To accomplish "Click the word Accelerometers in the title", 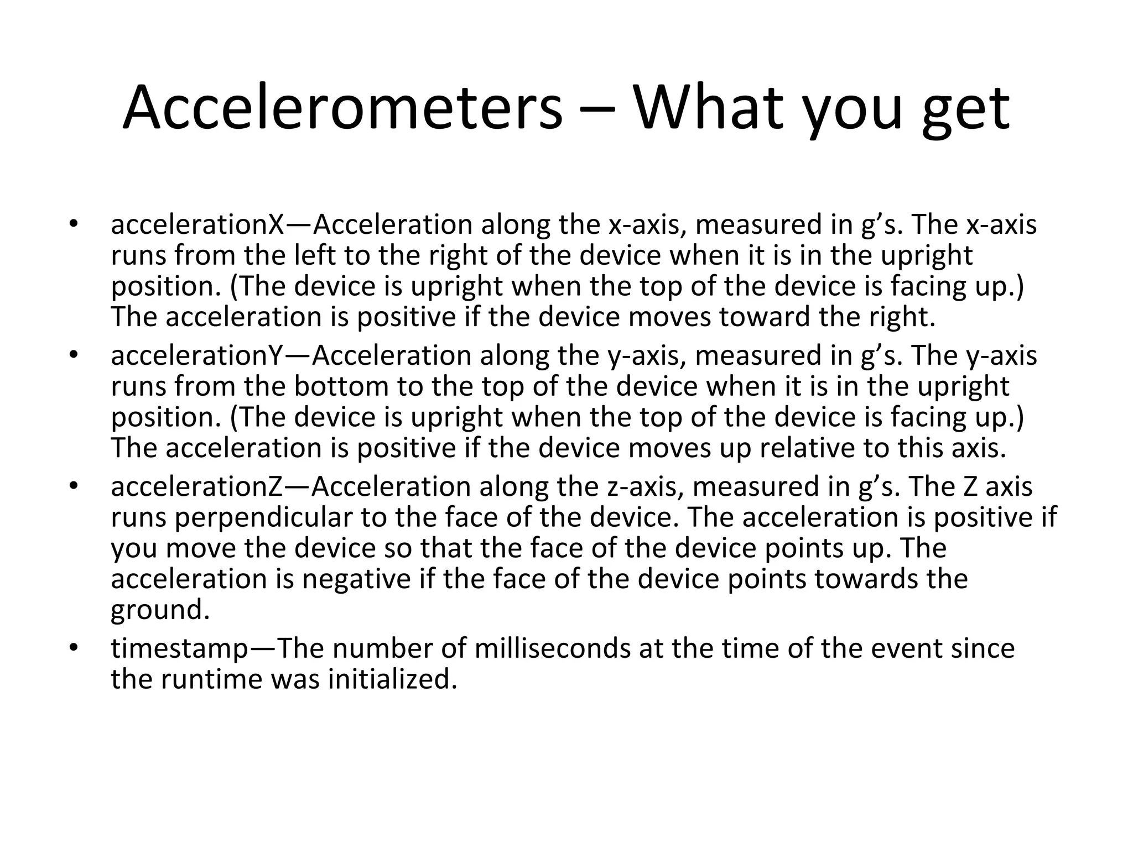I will point(342,108).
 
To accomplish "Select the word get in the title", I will point(965,111).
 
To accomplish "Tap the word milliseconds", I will point(552,648).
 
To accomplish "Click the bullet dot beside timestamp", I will point(72,648).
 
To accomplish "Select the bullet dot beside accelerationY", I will point(72,355).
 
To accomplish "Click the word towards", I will point(860,579).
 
